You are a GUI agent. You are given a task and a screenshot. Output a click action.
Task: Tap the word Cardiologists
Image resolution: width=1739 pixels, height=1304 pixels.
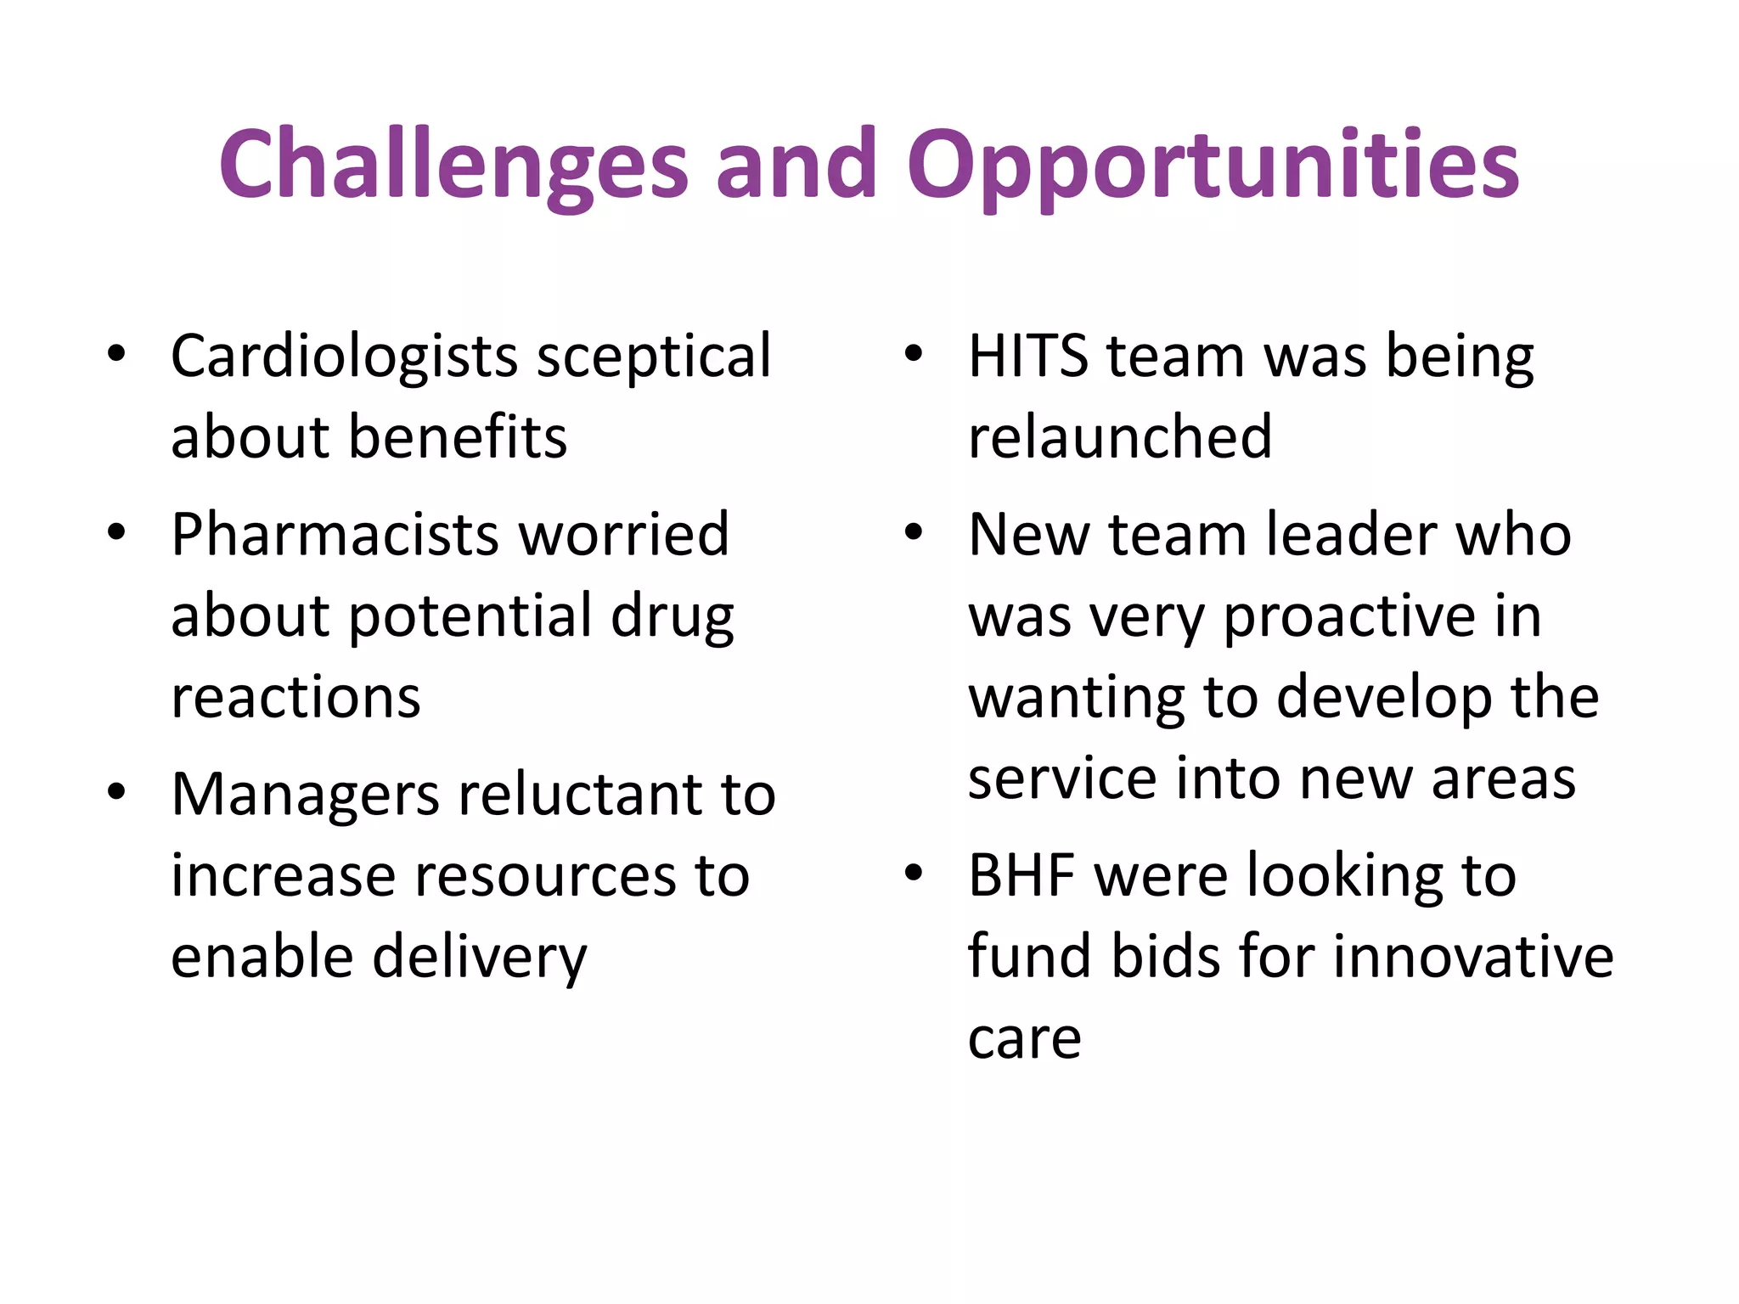(x=344, y=357)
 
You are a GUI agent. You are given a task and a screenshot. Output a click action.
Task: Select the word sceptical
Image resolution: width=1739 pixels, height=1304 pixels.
(x=654, y=357)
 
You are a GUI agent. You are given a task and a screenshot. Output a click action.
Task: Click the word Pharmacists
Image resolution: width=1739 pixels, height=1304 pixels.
(x=335, y=535)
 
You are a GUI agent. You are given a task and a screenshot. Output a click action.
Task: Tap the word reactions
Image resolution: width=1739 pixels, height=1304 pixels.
(x=295, y=698)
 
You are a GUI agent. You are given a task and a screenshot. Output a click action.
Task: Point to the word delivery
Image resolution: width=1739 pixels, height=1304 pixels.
(x=480, y=958)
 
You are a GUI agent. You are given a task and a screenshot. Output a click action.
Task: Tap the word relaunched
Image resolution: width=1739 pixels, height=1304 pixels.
(x=1120, y=437)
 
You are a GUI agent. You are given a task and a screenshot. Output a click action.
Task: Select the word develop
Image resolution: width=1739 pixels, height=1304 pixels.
(x=1384, y=698)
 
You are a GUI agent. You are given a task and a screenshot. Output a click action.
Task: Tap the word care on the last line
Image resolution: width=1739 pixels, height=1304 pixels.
(x=1024, y=1039)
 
